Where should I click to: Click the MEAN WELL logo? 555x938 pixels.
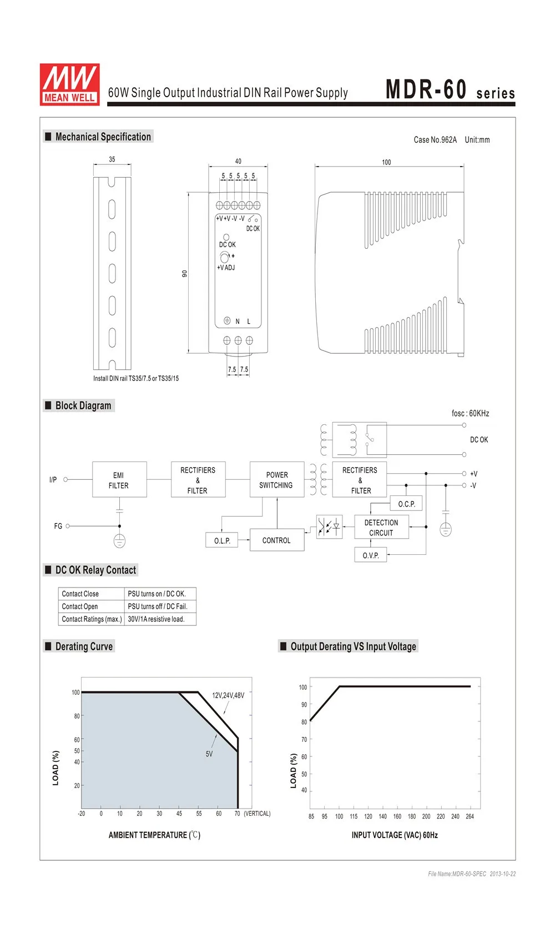pyautogui.click(x=69, y=84)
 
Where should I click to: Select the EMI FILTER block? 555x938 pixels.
pyautogui.click(x=119, y=480)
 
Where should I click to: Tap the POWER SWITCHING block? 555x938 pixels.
pyautogui.click(x=277, y=480)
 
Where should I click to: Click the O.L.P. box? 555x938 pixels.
pyautogui.click(x=222, y=540)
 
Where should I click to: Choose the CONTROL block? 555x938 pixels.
pyautogui.click(x=276, y=540)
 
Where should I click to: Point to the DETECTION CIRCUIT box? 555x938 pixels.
pyautogui.click(x=381, y=527)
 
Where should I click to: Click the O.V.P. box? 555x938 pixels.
pyautogui.click(x=371, y=555)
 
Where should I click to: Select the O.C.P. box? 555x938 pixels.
pyautogui.click(x=406, y=504)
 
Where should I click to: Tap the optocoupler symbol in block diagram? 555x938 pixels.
pyautogui.click(x=329, y=526)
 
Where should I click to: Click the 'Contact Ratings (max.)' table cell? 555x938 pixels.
pyautogui.click(x=92, y=619)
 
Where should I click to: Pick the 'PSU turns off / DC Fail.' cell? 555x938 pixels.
pyautogui.click(x=158, y=606)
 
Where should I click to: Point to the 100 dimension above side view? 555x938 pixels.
pyautogui.click(x=386, y=162)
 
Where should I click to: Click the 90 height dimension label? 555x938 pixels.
pyautogui.click(x=185, y=273)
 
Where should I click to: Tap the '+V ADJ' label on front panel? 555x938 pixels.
pyautogui.click(x=226, y=268)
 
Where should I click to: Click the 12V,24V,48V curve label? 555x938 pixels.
pyautogui.click(x=228, y=695)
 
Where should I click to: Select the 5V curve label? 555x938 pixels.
pyautogui.click(x=209, y=754)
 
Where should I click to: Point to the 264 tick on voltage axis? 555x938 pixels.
pyautogui.click(x=470, y=816)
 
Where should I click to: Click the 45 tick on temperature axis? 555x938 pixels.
pyautogui.click(x=179, y=814)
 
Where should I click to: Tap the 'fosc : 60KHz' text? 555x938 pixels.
pyautogui.click(x=470, y=413)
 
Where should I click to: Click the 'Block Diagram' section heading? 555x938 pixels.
pyautogui.click(x=83, y=405)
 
